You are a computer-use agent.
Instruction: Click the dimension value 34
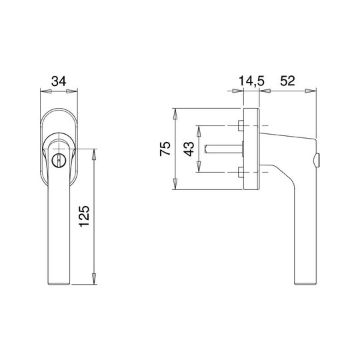pyautogui.click(x=59, y=81)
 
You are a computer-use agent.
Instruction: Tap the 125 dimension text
pyautogui.click(x=84, y=216)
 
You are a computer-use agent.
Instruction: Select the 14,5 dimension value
pyautogui.click(x=251, y=81)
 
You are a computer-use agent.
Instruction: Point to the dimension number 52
pyautogui.click(x=287, y=81)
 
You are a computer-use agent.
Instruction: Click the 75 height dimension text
pyautogui.click(x=165, y=149)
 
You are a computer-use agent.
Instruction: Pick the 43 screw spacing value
pyautogui.click(x=189, y=149)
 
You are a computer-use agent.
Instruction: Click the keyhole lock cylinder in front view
pyautogui.click(x=58, y=160)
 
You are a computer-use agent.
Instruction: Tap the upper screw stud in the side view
pyautogui.click(x=241, y=125)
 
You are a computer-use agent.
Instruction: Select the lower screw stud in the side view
pyautogui.click(x=241, y=172)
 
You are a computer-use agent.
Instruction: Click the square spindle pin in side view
pyautogui.click(x=223, y=149)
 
